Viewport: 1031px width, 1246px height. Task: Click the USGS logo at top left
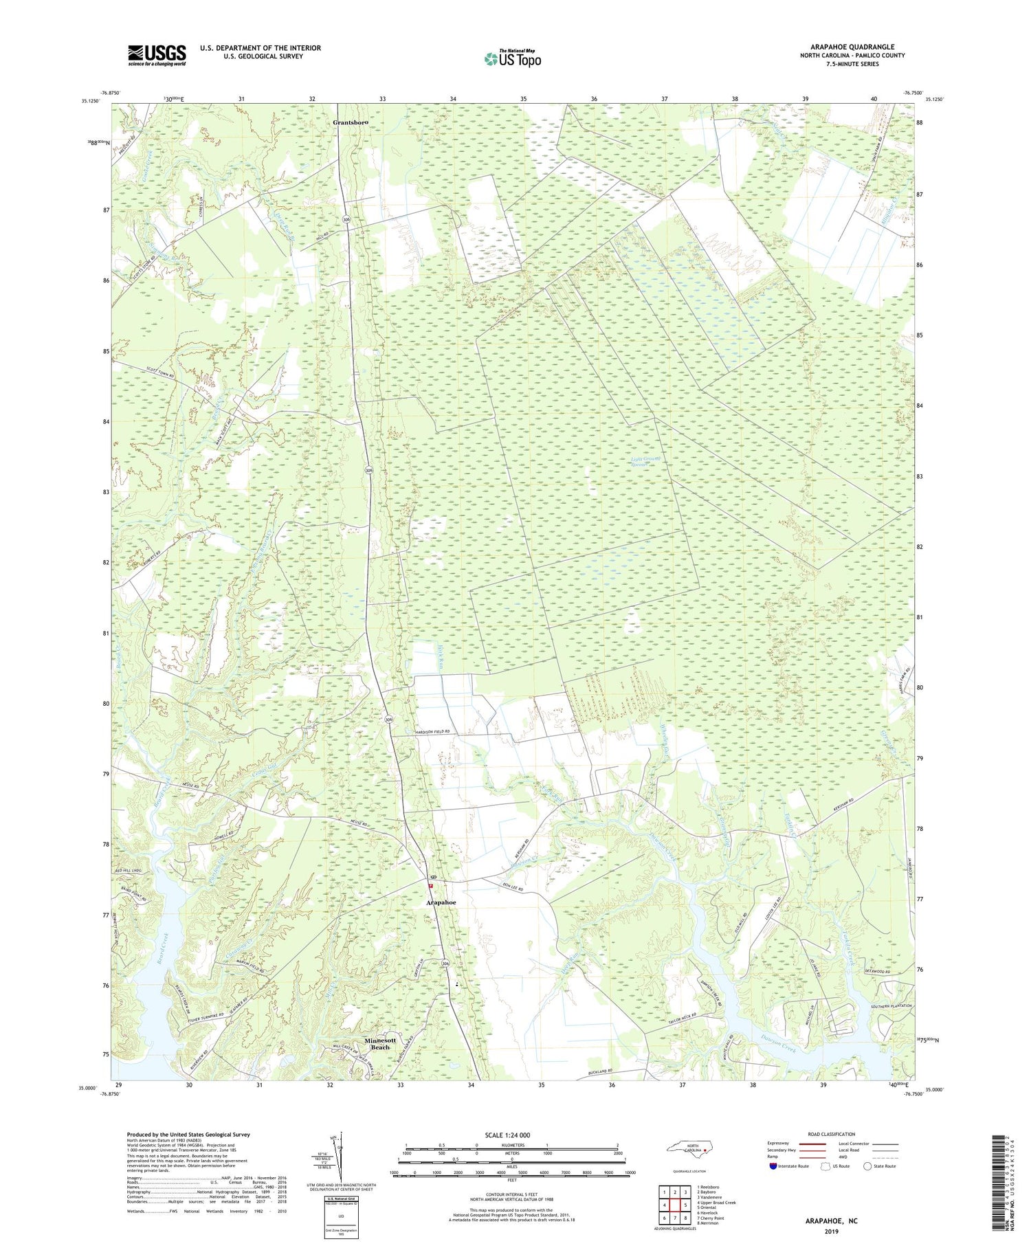pos(157,55)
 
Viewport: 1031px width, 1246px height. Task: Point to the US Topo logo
pos(512,59)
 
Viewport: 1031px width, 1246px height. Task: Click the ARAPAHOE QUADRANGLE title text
pos(852,47)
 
